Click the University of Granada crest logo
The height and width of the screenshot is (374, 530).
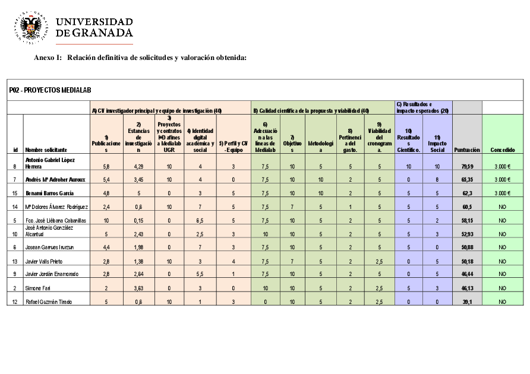pyautogui.click(x=30, y=27)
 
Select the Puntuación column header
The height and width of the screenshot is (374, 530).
pyautogui.click(x=467, y=150)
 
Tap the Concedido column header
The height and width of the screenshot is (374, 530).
pyautogui.click(x=503, y=150)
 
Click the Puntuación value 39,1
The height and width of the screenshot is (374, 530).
pyautogui.click(x=467, y=302)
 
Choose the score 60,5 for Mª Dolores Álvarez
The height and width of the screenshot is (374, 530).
pyautogui.click(x=467, y=207)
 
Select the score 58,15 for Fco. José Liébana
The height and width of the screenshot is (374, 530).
pyautogui.click(x=467, y=220)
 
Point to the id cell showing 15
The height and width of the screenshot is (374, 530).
pyautogui.click(x=15, y=193)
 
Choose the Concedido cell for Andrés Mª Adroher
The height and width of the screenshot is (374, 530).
pyautogui.click(x=503, y=179)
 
